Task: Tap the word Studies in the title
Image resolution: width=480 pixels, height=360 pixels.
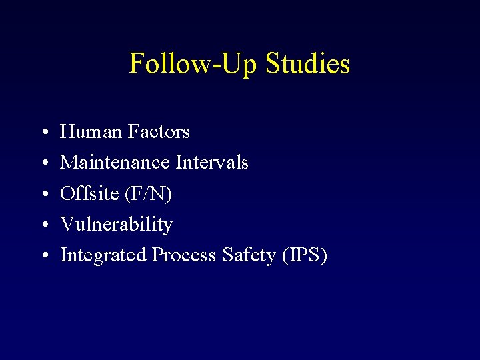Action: [x=307, y=64]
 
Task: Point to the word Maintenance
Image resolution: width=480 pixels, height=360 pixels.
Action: [x=115, y=163]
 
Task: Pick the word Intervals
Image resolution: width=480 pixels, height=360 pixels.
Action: [x=212, y=163]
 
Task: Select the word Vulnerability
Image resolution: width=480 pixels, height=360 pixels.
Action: [x=116, y=225]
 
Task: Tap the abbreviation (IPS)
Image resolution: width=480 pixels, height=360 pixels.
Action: [x=303, y=255]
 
